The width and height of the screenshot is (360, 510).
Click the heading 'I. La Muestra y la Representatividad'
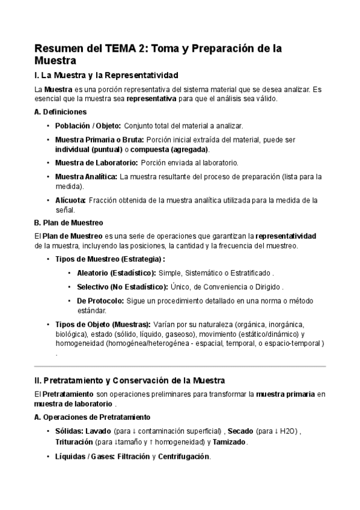point(106,75)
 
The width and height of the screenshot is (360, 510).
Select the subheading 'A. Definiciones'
point(61,112)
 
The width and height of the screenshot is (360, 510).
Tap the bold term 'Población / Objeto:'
point(88,126)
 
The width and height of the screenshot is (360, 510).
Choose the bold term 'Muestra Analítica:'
point(87,177)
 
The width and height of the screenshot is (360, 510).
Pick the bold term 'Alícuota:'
point(71,200)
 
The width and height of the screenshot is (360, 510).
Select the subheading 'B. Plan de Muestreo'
point(69,223)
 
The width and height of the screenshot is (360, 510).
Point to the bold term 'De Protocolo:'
point(100,301)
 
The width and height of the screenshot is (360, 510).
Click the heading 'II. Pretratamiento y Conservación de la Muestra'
point(129,380)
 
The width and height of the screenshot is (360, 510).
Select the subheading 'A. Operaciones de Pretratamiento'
point(93,417)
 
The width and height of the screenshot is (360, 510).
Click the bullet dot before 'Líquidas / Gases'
point(48,456)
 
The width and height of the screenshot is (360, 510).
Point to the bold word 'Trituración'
point(75,442)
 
